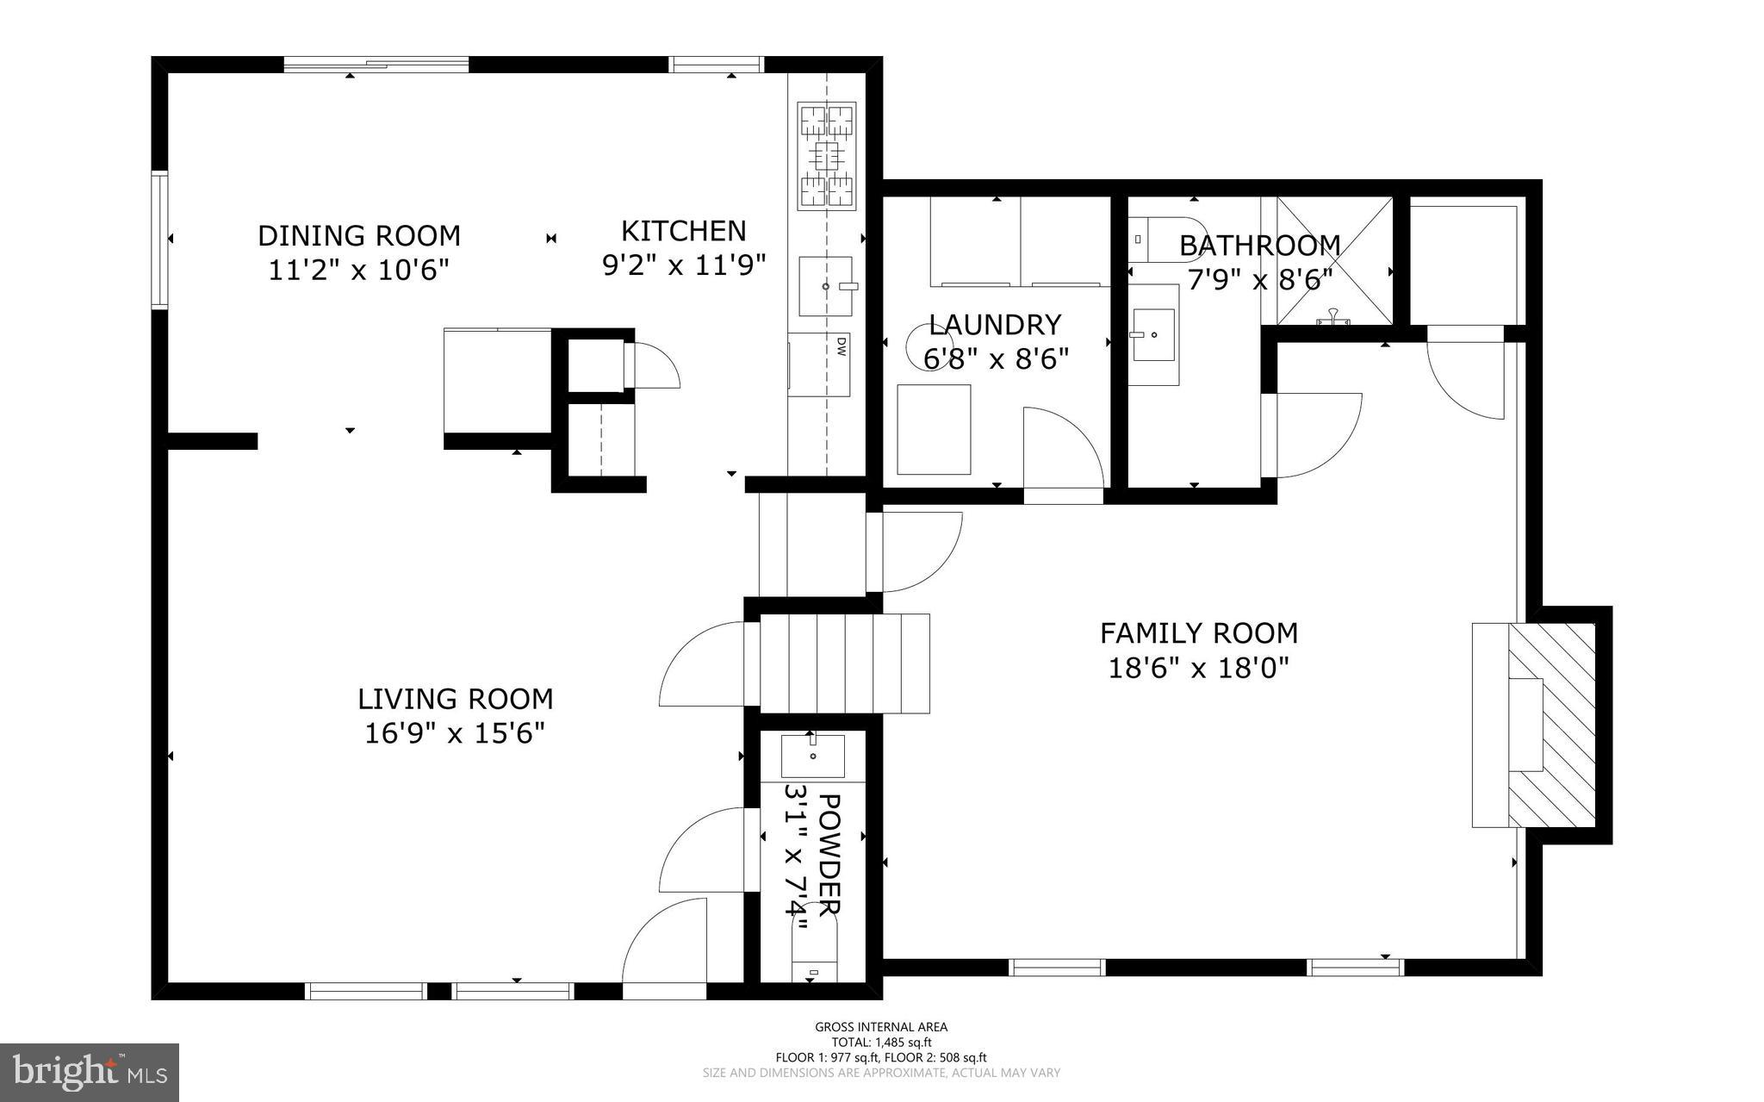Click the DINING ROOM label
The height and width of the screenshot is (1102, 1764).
click(x=359, y=235)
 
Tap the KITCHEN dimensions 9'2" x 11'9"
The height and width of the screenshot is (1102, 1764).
click(x=684, y=265)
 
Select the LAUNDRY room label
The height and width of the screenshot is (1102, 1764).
click(x=996, y=324)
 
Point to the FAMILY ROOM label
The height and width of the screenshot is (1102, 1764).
click(x=1199, y=633)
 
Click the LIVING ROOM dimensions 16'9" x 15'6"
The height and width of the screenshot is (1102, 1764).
click(x=456, y=733)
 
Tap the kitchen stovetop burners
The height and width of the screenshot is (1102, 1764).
click(x=827, y=156)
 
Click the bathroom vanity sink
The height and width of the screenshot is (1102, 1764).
click(x=1153, y=334)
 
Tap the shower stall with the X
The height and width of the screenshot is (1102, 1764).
click(x=1334, y=261)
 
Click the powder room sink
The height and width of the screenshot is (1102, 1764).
click(x=812, y=756)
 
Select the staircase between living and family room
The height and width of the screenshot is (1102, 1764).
click(x=844, y=663)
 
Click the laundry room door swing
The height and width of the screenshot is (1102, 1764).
click(x=1063, y=448)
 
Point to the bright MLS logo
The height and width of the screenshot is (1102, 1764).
click(x=90, y=1073)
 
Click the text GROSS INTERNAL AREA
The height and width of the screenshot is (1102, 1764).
click(x=881, y=1026)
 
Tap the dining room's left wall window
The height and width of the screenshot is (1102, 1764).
click(x=159, y=240)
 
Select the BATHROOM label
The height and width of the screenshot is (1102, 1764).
click(x=1260, y=246)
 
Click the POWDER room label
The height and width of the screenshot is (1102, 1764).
click(x=828, y=853)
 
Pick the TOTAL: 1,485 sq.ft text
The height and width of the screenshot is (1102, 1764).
click(x=881, y=1042)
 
